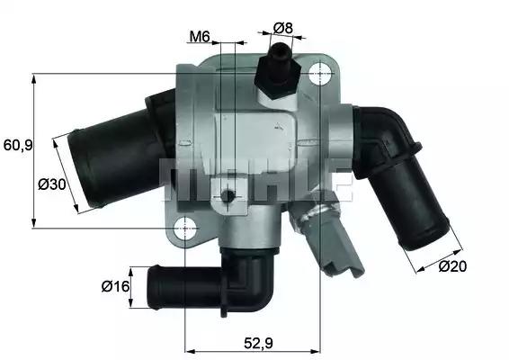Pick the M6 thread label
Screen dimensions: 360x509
tap(200, 37)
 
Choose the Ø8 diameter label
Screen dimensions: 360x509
tap(283, 27)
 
